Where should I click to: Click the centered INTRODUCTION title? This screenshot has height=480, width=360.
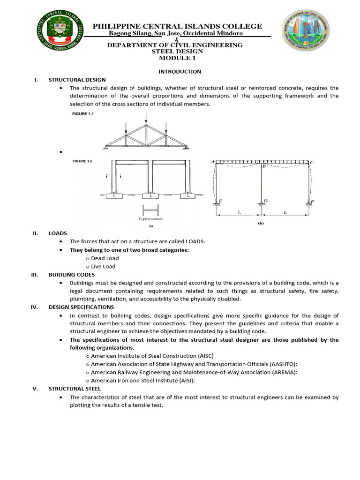click(x=180, y=72)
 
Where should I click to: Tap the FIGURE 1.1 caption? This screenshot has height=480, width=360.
click(x=82, y=114)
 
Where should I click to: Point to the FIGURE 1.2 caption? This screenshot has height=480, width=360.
click(x=82, y=161)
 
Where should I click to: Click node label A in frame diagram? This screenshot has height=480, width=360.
click(x=212, y=162)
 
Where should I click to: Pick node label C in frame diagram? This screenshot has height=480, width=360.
click(x=312, y=163)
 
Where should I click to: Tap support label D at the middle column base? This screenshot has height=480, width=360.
click(x=266, y=201)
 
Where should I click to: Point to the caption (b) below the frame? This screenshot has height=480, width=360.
click(x=261, y=224)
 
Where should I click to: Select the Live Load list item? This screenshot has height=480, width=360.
click(x=103, y=267)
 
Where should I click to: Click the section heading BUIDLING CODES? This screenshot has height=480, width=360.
click(x=72, y=275)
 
